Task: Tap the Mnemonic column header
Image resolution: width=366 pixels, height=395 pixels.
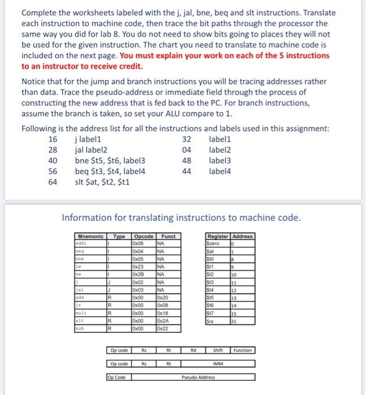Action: (91, 236)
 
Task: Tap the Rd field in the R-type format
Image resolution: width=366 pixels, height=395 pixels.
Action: (193, 350)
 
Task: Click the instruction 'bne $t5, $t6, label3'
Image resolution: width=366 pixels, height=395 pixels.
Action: (110, 160)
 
